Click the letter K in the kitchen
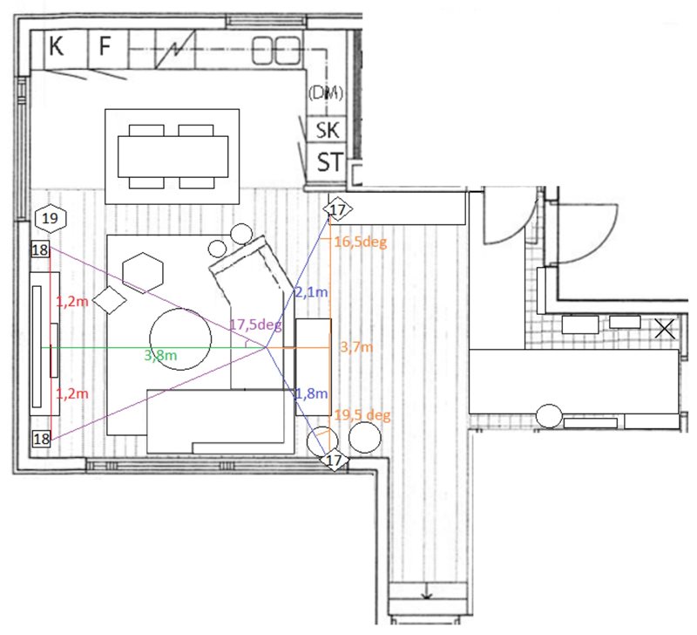pos(56,46)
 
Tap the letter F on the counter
pos(105,46)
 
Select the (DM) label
pos(326,92)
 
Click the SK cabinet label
pos(328,130)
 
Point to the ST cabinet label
pos(330,162)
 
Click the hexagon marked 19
pos(51,218)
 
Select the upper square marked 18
pos(40,249)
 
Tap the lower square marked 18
pos(41,439)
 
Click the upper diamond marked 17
pos(338,209)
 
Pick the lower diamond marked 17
pos(334,461)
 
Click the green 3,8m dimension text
pos(160,355)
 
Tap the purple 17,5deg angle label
pos(255,324)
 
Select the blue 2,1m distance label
pos(312,292)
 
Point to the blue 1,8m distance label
pos(312,393)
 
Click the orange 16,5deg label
pos(361,242)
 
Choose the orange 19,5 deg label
pos(362,415)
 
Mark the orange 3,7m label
pos(356,346)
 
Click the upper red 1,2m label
pos(72,301)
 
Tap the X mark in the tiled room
pos(665,330)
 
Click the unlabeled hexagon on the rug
pos(143,273)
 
